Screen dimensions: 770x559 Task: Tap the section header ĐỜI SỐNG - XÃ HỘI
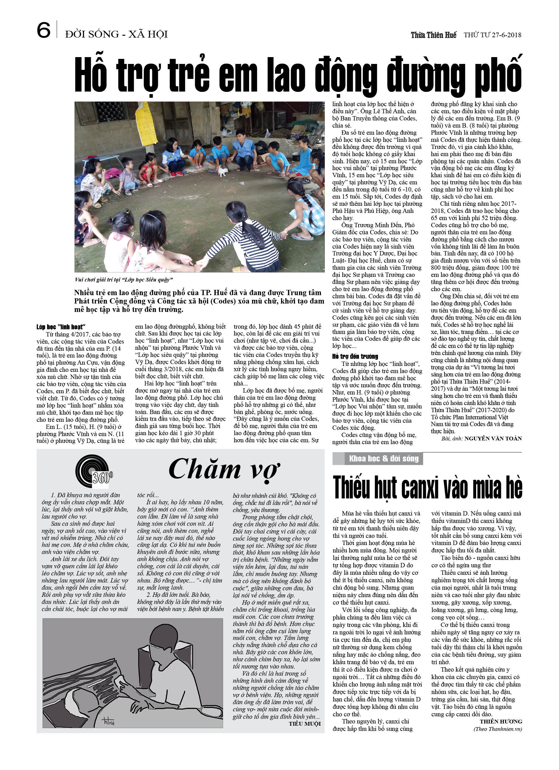tap(116, 34)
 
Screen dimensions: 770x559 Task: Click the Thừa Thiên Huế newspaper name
tap(433, 35)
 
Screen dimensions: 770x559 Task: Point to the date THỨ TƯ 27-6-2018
tap(493, 35)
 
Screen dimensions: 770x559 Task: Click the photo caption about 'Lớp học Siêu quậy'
tap(123, 280)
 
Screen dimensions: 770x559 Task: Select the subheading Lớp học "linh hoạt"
tap(61, 327)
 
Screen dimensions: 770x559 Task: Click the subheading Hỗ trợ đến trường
tap(355, 356)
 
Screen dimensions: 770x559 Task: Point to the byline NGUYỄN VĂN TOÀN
tap(493, 438)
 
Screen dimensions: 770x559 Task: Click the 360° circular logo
tap(94, 472)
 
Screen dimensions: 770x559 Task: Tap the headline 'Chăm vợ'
tap(224, 470)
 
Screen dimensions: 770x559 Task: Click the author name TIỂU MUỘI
tap(304, 723)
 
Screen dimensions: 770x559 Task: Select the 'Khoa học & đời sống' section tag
tap(383, 459)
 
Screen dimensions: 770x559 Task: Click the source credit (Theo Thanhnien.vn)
tap(498, 729)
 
